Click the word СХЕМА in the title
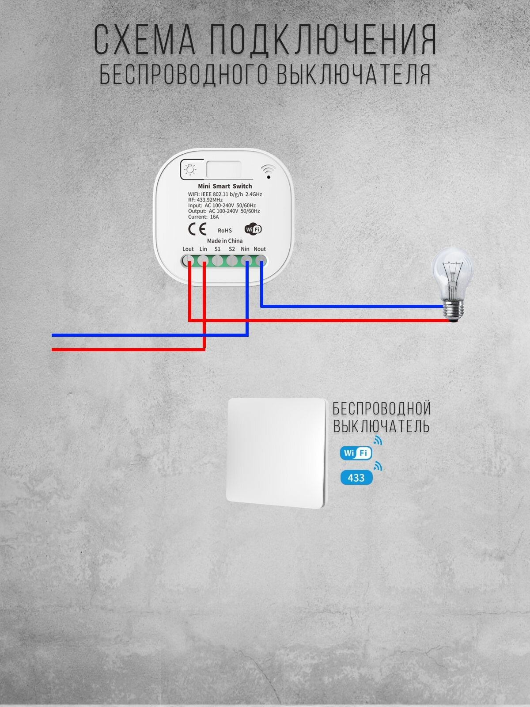(x=145, y=39)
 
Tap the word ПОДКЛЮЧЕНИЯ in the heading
(x=323, y=40)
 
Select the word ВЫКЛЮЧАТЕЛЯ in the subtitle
(x=353, y=74)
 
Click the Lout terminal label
(x=188, y=249)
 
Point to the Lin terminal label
(x=203, y=249)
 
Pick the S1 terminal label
(x=218, y=249)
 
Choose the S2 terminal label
(x=232, y=249)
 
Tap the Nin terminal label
(x=245, y=249)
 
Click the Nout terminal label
(x=260, y=249)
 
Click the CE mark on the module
(x=197, y=229)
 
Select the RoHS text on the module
(x=225, y=230)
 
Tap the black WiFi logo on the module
(x=253, y=229)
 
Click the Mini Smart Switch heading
(x=225, y=186)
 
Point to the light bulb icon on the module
(x=190, y=169)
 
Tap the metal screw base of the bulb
(x=454, y=310)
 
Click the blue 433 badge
(x=356, y=478)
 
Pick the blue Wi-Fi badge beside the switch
(x=356, y=453)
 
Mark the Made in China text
(x=225, y=241)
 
